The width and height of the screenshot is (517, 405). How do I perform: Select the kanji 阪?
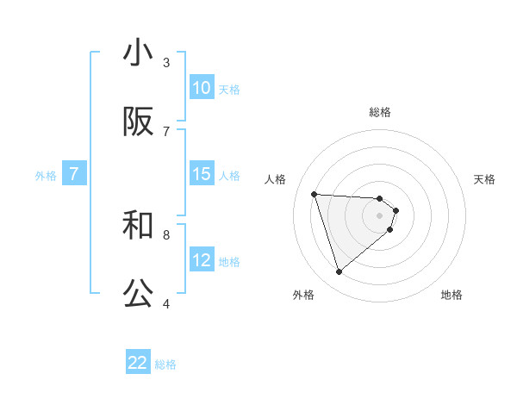pyautogui.click(x=138, y=122)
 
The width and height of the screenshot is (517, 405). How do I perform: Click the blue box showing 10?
pyautogui.click(x=202, y=88)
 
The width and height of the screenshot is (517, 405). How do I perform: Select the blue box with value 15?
pyautogui.click(x=202, y=174)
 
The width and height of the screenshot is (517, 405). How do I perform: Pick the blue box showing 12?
pyautogui.click(x=202, y=260)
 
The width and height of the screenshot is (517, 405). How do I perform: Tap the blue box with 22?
pyautogui.click(x=138, y=364)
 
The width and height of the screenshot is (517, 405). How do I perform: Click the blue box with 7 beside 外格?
pyautogui.click(x=74, y=174)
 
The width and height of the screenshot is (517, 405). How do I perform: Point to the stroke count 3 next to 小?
pyautogui.click(x=166, y=62)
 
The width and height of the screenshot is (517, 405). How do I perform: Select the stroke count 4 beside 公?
pyautogui.click(x=166, y=303)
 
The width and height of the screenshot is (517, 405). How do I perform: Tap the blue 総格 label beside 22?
pyautogui.click(x=165, y=364)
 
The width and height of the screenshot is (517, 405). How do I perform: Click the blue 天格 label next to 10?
pyautogui.click(x=229, y=89)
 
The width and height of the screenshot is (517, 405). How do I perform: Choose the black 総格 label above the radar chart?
pyautogui.click(x=380, y=112)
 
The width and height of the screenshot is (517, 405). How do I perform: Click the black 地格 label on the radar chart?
pyautogui.click(x=452, y=295)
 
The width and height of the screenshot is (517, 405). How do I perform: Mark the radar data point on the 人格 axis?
pyautogui.click(x=315, y=194)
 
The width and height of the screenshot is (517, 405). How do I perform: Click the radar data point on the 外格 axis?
pyautogui.click(x=339, y=272)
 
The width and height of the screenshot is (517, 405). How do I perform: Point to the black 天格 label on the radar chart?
pyautogui.click(x=484, y=179)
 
